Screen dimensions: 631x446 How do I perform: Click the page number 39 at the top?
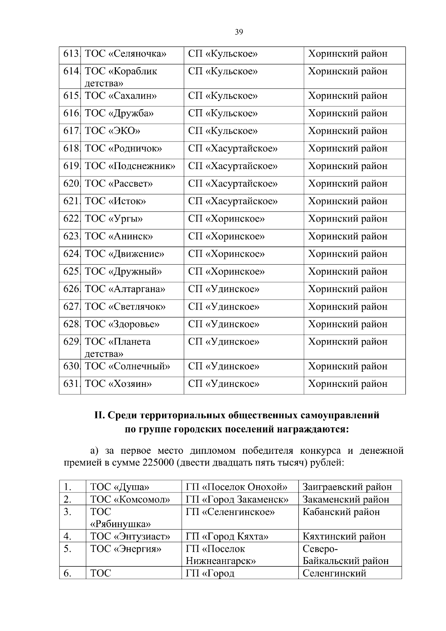click(239, 32)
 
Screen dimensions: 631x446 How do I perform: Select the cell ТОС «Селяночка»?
click(125, 54)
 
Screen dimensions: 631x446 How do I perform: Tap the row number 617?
click(71, 131)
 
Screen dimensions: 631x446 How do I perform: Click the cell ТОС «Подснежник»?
click(130, 166)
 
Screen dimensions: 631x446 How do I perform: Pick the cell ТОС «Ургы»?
click(114, 219)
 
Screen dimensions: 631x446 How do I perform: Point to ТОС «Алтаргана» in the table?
click(125, 289)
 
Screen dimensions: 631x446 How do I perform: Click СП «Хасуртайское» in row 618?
click(233, 149)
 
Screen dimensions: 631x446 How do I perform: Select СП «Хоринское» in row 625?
click(226, 272)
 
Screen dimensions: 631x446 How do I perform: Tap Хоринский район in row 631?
click(348, 384)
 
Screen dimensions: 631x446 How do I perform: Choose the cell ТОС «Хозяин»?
click(118, 384)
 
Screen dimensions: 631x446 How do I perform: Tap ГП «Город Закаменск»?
click(237, 499)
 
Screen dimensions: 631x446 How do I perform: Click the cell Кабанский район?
click(341, 512)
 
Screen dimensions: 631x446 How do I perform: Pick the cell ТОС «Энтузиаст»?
click(130, 536)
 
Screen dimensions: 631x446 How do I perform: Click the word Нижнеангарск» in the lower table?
click(220, 561)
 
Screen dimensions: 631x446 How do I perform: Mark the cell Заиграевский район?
click(347, 487)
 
